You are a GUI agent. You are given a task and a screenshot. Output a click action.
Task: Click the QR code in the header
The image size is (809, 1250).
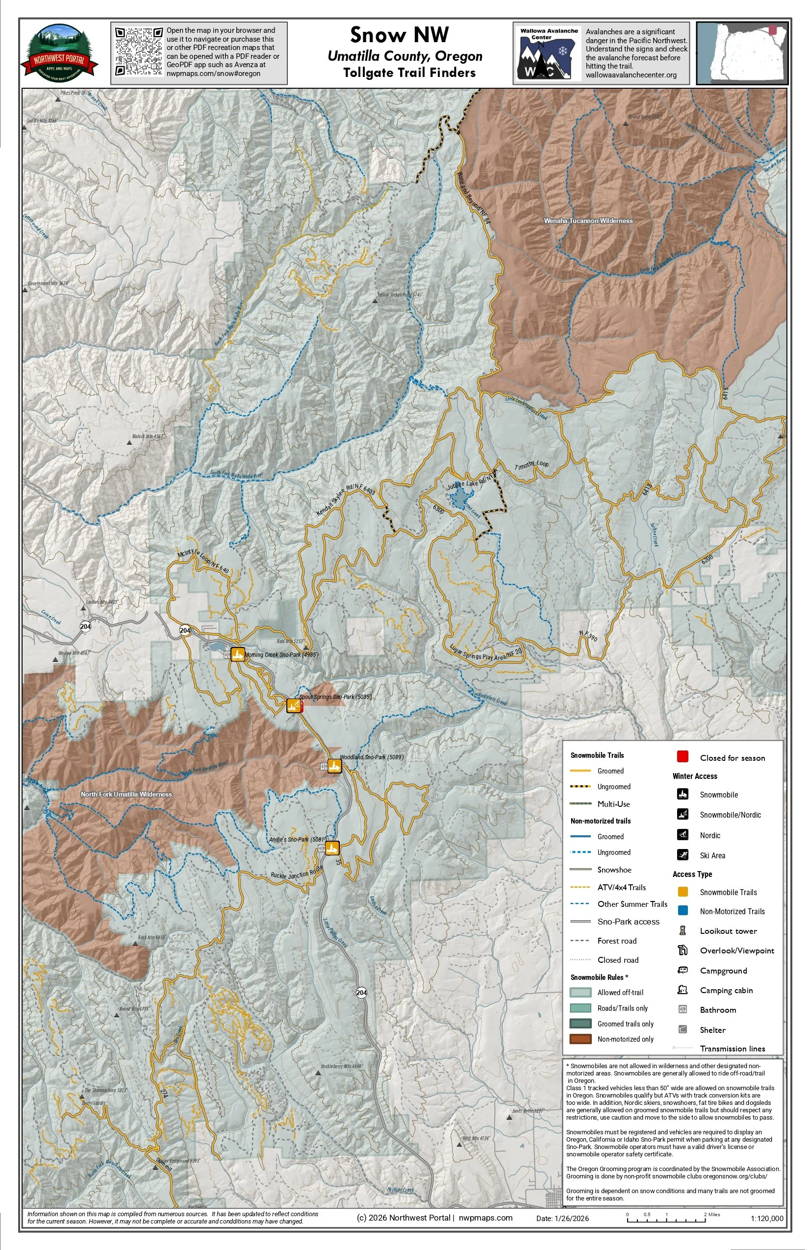tap(139, 51)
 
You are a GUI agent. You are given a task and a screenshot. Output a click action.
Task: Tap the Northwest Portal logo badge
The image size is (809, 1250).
tap(59, 52)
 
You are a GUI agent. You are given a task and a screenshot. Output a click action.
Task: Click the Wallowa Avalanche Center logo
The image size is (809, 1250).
tap(548, 53)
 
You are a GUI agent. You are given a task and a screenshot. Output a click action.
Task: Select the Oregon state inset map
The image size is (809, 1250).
tap(742, 53)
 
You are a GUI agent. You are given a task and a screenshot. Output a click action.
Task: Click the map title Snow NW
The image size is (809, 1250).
tap(399, 35)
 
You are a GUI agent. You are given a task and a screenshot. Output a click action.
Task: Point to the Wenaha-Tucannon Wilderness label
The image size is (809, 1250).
tap(588, 221)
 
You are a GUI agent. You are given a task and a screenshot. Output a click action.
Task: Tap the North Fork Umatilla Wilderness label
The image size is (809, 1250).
tap(126, 794)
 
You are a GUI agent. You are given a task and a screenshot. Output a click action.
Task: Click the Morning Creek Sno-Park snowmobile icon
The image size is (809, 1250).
tap(238, 654)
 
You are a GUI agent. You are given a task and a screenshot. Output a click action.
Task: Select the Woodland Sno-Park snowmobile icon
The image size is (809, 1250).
tap(334, 766)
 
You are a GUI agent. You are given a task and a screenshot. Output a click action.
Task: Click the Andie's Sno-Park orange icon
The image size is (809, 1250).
tap(332, 848)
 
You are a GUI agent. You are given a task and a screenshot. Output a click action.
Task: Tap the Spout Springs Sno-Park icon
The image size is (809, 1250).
tap(293, 706)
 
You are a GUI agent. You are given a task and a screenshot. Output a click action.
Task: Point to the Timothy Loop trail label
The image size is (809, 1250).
tap(531, 465)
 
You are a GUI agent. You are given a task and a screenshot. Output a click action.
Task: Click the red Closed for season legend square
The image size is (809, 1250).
tap(683, 757)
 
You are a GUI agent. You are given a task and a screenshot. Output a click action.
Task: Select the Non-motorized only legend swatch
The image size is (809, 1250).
tap(580, 1039)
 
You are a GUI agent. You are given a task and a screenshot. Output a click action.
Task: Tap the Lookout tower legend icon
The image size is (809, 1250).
tap(683, 931)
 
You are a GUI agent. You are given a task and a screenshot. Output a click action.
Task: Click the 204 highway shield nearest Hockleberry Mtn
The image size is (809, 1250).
tap(361, 993)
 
